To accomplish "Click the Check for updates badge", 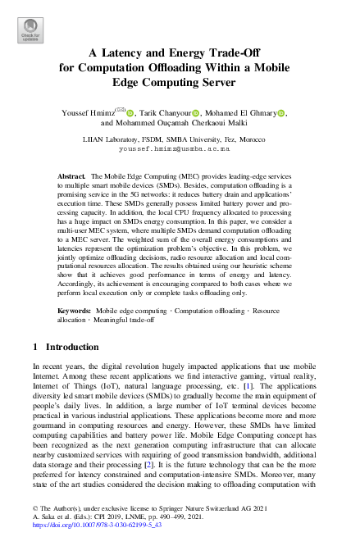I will click(x=29, y=30).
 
